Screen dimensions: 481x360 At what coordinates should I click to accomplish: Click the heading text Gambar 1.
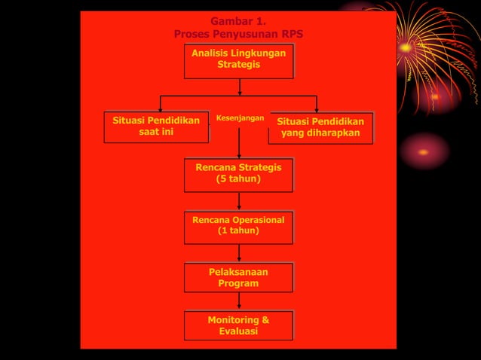point(238,21)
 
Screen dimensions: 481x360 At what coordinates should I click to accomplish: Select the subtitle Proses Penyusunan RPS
point(238,34)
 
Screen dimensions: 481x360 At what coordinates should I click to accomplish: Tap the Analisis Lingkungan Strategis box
point(238,60)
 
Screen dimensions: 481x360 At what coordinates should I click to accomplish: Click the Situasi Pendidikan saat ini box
point(156,127)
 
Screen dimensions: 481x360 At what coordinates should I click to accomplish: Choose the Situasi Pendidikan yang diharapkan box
point(320,127)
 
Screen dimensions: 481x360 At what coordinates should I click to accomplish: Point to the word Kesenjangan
point(240,118)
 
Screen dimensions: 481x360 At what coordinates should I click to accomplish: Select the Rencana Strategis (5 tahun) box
point(238,174)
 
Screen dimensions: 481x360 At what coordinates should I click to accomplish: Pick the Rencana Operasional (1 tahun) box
point(238,226)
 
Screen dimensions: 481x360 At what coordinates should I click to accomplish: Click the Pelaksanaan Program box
point(238,277)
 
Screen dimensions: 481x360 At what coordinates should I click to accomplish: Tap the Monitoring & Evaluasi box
point(238,325)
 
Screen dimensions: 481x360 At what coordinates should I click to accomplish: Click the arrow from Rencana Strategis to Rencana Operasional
point(239,200)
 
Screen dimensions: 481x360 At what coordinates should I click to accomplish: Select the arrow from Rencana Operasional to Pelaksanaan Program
point(239,252)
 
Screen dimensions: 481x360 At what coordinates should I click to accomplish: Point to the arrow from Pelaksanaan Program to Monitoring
point(239,301)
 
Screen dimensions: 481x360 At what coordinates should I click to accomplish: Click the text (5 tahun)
point(238,179)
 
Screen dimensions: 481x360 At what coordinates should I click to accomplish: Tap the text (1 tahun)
point(238,231)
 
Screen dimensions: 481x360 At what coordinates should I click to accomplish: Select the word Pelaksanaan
point(238,272)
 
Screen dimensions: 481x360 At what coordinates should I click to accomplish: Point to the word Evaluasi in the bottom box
point(238,331)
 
